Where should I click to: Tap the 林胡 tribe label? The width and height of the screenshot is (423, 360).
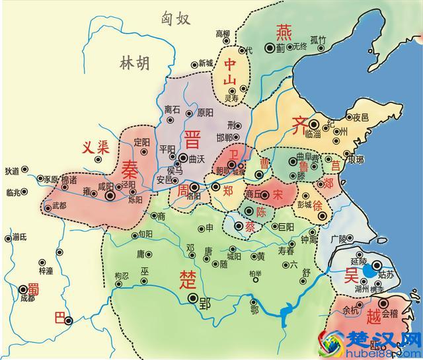135,63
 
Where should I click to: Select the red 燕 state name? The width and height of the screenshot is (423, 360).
283,32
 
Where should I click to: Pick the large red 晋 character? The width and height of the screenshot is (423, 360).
193,141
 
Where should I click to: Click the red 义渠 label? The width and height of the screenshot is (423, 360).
95,148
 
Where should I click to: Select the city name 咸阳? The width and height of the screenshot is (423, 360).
106,187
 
